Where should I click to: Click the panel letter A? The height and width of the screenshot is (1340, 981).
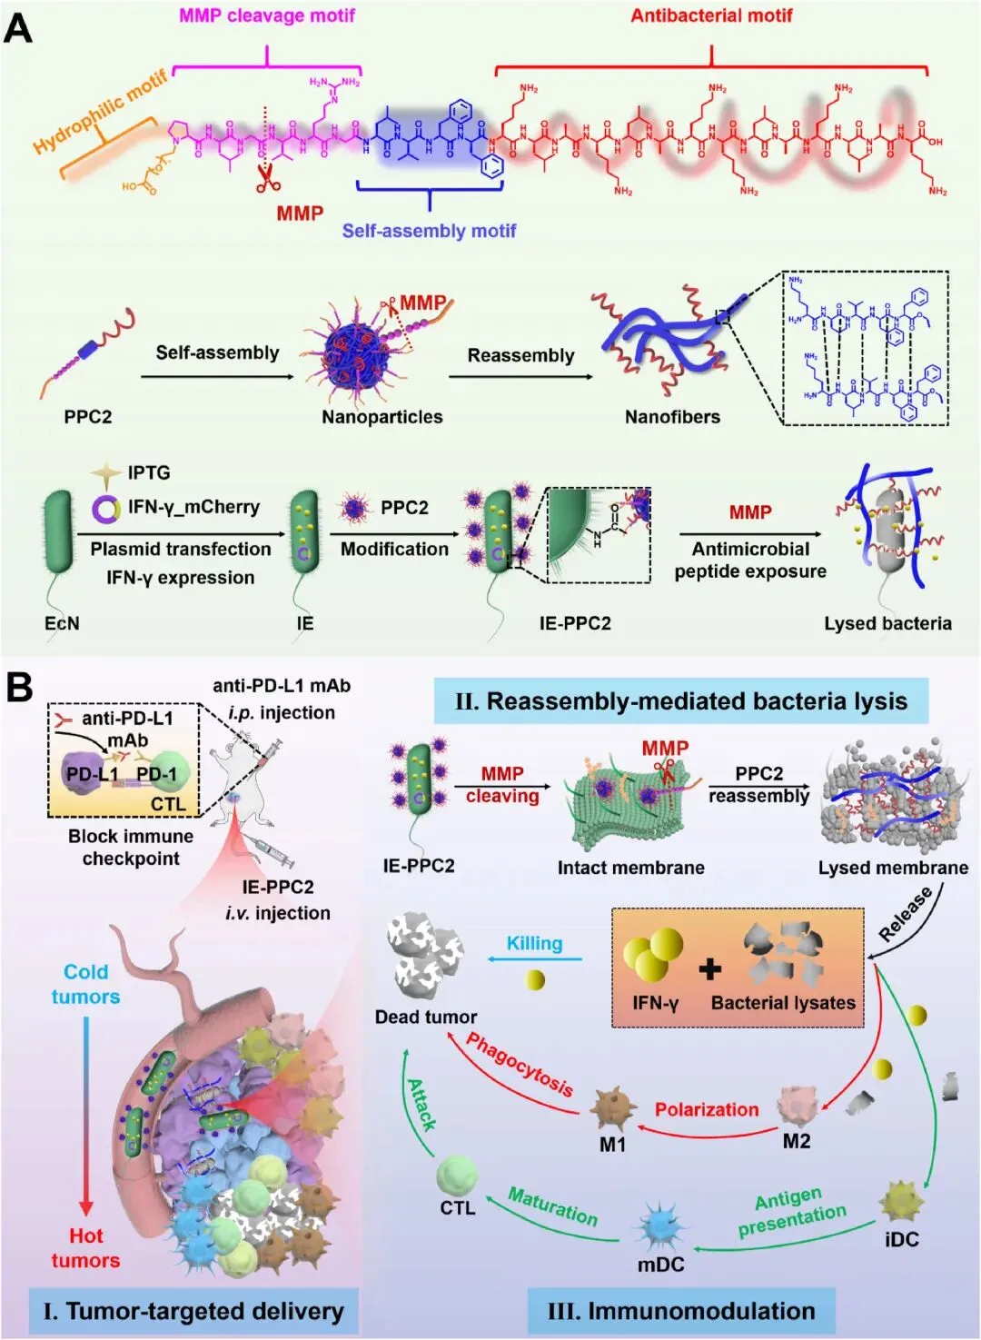coord(18,28)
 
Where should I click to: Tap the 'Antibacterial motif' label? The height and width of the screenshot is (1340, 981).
coord(711,15)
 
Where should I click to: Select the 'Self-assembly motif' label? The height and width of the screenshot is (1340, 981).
coord(429,231)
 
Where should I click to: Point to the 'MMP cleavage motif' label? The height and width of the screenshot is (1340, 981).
coord(267,15)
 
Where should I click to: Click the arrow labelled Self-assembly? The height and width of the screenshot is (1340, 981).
coord(218,375)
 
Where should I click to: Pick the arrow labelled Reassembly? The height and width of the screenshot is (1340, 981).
coord(520,376)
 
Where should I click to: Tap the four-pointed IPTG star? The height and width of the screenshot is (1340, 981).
coord(106,473)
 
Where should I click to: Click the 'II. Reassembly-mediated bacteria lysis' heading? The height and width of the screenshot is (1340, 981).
coord(681,701)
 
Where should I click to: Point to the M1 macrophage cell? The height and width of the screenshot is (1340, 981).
coord(609,1107)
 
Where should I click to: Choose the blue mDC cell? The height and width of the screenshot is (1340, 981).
coord(660,1226)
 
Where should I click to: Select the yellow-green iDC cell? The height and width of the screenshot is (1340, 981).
coord(900,1202)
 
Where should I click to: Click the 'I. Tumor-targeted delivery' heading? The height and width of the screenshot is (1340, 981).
coord(193,1311)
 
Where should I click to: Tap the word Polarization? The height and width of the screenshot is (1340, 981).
coord(707,1109)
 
